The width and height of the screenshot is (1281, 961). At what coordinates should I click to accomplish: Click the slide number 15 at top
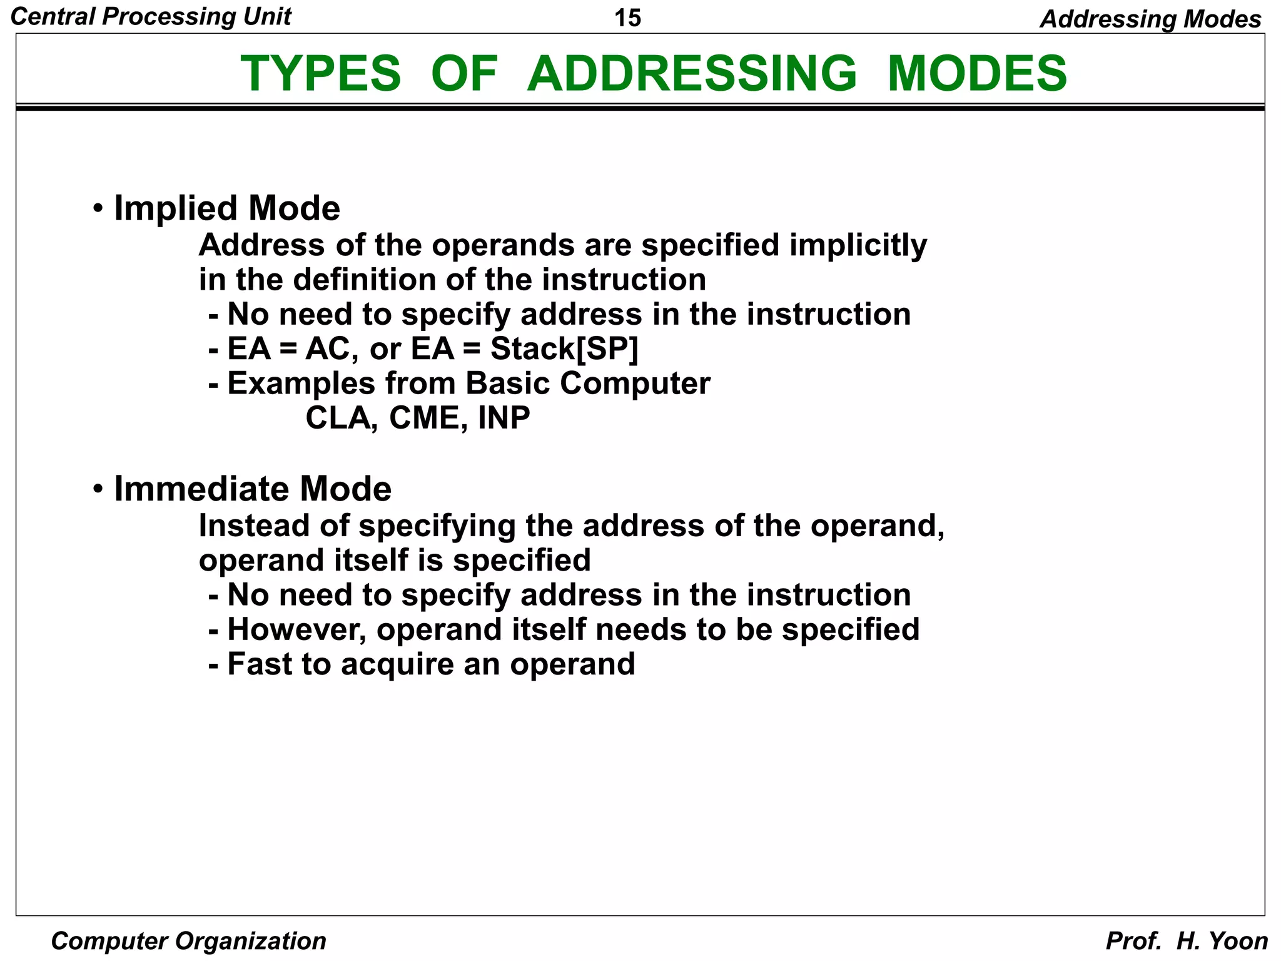pyautogui.click(x=627, y=18)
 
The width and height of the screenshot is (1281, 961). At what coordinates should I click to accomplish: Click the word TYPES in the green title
pyautogui.click(x=320, y=74)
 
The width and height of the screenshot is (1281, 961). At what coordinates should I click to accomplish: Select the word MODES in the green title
pyautogui.click(x=976, y=74)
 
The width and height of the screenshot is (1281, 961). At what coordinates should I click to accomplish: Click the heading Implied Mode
pyautogui.click(x=226, y=208)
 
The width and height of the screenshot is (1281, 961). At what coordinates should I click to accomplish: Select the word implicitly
pyautogui.click(x=858, y=245)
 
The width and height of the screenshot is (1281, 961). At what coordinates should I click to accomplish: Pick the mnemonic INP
pyautogui.click(x=504, y=418)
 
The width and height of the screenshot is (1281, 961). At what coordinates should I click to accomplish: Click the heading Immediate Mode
pyautogui.click(x=252, y=489)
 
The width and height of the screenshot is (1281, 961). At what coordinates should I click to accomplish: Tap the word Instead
pyautogui.click(x=255, y=526)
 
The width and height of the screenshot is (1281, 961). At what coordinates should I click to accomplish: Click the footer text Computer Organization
pyautogui.click(x=188, y=940)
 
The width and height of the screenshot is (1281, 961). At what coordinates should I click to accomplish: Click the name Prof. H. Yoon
pyautogui.click(x=1186, y=940)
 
